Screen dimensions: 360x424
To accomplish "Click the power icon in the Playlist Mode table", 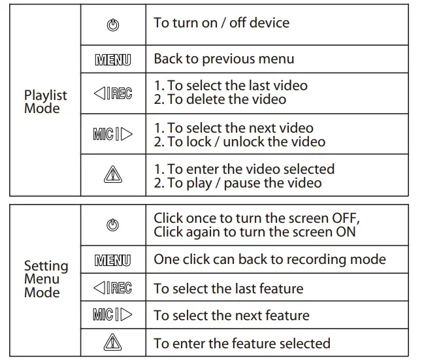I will point(112,26).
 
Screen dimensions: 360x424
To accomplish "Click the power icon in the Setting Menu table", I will point(112,225).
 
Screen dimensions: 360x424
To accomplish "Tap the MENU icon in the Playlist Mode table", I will point(112,60).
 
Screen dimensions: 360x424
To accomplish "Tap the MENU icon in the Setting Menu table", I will point(112,261).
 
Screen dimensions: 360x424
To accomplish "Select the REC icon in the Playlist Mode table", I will point(112,93).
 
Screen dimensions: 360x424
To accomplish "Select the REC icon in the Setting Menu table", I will point(112,288).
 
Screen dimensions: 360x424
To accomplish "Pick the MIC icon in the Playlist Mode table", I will point(112,135).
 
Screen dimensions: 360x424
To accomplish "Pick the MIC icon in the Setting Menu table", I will point(112,316).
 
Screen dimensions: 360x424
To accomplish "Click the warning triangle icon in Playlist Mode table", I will point(112,176).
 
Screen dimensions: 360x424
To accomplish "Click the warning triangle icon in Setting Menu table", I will point(112,344).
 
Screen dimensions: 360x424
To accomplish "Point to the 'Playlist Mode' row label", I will point(46,102).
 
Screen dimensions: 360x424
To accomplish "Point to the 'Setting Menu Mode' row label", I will point(46,279).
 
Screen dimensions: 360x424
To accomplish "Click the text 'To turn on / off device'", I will point(221,23).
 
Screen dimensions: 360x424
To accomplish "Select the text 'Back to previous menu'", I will point(224,59).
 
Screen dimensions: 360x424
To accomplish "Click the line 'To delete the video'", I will point(226,99).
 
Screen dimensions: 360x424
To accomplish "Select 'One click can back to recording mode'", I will point(270,259).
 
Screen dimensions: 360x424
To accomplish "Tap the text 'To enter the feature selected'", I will point(242,343).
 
